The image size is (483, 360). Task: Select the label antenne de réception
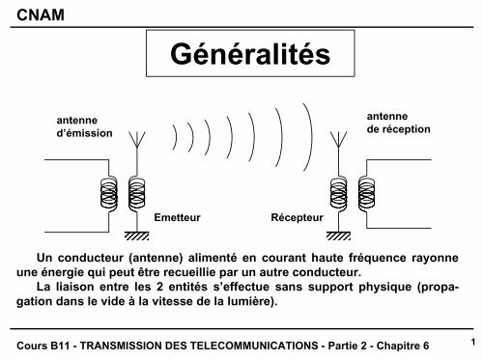point(398,122)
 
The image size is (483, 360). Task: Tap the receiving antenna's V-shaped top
point(339,142)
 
